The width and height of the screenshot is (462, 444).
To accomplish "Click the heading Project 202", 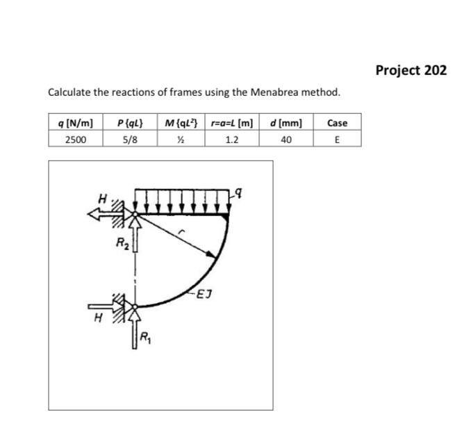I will point(411,70).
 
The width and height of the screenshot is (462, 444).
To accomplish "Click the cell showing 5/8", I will point(130,139).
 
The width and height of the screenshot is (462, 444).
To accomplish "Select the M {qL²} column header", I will point(182,123).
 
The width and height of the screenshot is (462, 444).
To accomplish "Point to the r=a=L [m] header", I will point(232,123).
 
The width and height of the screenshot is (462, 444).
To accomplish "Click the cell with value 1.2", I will point(232,139).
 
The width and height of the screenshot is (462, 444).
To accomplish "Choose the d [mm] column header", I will point(286,123).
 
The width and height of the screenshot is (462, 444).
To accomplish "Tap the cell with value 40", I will point(286,139).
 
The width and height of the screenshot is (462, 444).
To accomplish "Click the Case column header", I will point(337,123).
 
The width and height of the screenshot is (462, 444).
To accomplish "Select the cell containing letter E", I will point(337,139).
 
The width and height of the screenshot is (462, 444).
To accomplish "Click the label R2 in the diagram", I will point(122,243).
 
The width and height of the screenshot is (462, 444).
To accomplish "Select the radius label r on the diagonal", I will point(182,235).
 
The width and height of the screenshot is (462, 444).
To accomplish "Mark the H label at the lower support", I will point(98,318).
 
